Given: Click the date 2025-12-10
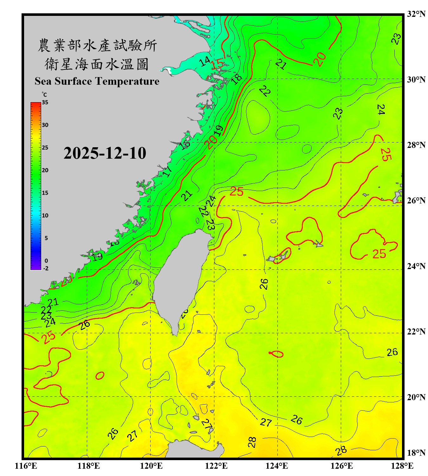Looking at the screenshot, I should [105, 153].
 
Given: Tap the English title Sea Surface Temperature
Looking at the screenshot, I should [97, 81].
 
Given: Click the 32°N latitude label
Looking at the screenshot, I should [416, 14].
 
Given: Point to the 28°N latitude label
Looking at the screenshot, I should [416, 145].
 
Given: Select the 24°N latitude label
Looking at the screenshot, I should [416, 266].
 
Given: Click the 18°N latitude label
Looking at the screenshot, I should [416, 453].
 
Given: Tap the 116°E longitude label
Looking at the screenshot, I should [26, 466].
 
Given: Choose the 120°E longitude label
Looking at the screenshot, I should [151, 466].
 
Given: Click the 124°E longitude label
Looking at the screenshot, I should [277, 466].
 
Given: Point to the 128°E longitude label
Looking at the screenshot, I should [402, 466].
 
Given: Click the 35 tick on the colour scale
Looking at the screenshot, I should [45, 102].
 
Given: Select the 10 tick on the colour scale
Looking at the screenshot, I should [45, 215].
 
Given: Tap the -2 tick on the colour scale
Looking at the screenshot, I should [46, 268].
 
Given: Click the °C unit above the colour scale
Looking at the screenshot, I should [44, 95].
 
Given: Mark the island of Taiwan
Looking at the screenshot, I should [181, 273].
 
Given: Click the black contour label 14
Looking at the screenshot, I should [205, 61].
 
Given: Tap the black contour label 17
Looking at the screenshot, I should [168, 171].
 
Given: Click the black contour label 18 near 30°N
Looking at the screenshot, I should [237, 78].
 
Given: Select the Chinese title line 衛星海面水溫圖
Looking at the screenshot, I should [97, 64].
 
